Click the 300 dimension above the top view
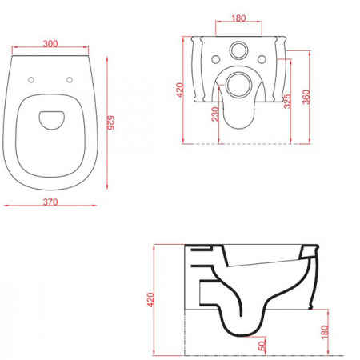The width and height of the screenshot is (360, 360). click(50, 43)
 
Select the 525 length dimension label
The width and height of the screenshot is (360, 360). click(110, 123)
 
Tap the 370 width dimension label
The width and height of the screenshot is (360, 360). click(50, 202)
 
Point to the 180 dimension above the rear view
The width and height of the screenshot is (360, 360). click(238, 18)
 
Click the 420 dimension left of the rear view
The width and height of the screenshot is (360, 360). click(180, 90)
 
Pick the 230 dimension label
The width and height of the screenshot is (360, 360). click(215, 114)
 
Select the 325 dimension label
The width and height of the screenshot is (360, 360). click(287, 101)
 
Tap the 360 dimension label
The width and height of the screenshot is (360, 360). click(306, 97)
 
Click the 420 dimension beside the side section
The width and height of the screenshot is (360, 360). click(150, 300)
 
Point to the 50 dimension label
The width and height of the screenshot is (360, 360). click(262, 346)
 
